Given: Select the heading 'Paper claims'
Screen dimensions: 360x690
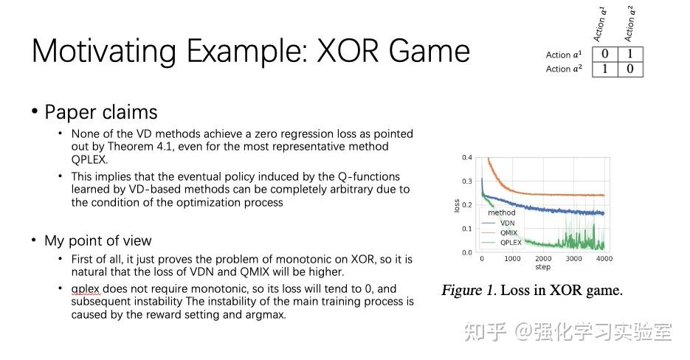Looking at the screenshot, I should pyautogui.click(x=101, y=112).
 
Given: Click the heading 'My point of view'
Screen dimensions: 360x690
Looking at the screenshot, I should pyautogui.click(x=98, y=240).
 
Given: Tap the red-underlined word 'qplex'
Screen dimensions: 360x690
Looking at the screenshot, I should pyautogui.click(x=86, y=288).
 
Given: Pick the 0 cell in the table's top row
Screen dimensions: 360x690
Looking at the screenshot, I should pyautogui.click(x=605, y=54).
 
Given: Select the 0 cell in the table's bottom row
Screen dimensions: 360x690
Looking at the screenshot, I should pyautogui.click(x=629, y=69).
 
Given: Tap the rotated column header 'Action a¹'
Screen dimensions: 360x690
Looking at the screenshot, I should pyautogui.click(x=601, y=24).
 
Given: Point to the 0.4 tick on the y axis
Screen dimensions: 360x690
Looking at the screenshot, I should pyautogui.click(x=466, y=158).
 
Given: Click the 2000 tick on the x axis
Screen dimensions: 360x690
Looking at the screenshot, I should pyautogui.click(x=543, y=259).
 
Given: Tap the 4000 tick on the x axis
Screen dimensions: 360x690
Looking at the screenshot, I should pyautogui.click(x=604, y=259).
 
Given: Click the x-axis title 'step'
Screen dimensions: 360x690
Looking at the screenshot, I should pyautogui.click(x=542, y=267).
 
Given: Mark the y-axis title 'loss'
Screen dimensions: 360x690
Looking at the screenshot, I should pyautogui.click(x=458, y=205).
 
